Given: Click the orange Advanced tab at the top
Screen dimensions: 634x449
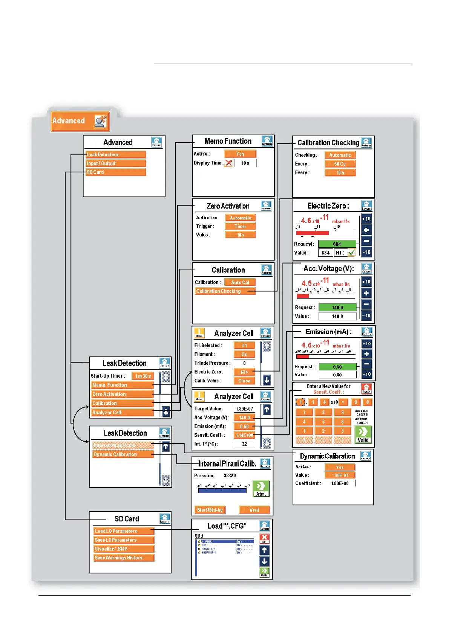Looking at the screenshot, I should click(80, 121).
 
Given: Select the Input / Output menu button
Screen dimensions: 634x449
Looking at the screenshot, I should click(116, 163).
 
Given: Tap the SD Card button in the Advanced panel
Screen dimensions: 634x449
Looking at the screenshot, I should click(116, 172).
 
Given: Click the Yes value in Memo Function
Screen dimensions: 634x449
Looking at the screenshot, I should click(240, 154).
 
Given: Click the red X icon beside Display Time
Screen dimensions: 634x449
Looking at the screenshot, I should click(229, 163).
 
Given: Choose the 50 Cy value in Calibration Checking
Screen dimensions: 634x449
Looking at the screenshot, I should click(340, 164).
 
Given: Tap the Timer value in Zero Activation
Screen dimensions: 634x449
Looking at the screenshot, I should click(240, 226).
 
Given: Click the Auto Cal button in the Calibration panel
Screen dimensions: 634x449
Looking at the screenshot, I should click(240, 282).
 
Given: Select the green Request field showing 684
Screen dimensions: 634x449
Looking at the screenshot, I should click(337, 244).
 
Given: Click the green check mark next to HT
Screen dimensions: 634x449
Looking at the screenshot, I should click(351, 253).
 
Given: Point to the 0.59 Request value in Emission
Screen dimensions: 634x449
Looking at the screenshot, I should click(337, 367).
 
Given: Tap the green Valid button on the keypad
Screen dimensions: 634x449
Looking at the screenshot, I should click(363, 434).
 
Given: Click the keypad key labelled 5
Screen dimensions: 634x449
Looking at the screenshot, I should click(323, 422).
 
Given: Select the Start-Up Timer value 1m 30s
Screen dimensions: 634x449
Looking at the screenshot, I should click(143, 376).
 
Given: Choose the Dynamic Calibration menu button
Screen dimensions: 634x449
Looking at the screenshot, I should click(123, 454).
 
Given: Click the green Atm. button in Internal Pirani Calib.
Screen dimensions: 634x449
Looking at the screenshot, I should click(261, 488).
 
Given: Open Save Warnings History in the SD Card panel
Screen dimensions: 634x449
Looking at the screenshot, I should click(124, 558).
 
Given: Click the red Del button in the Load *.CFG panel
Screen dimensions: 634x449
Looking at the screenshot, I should click(264, 538).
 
